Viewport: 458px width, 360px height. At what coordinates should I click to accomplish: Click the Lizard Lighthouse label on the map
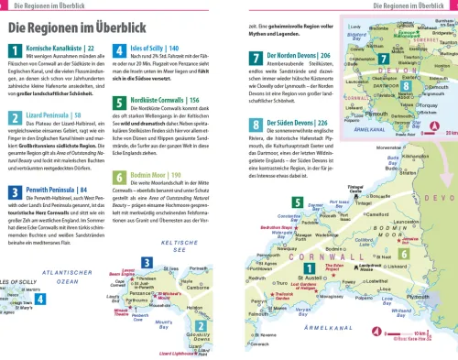pos(172,351)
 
